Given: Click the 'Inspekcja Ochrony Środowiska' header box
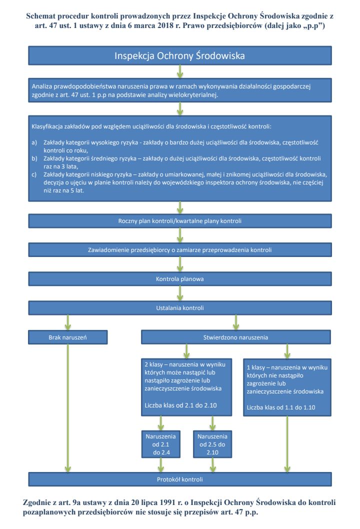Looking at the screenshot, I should (x=180, y=55).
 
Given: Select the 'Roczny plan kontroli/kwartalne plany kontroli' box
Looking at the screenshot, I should (x=180, y=220).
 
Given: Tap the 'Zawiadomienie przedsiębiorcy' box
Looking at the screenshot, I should (x=180, y=249).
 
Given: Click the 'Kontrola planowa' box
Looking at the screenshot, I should (x=180, y=278).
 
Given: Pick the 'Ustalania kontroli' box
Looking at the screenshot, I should (x=180, y=307).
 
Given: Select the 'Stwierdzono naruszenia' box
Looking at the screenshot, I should (x=236, y=337).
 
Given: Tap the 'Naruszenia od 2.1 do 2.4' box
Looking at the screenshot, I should (x=161, y=444).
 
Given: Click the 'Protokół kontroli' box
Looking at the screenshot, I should (x=180, y=479).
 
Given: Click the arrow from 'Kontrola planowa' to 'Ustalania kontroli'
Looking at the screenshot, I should (x=180, y=293).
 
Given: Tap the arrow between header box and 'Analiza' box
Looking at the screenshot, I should (x=180, y=70).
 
